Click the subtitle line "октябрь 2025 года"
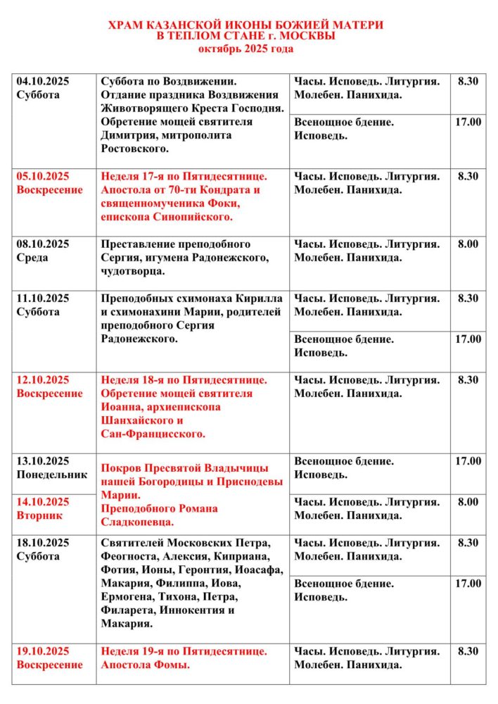245,49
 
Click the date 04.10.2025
43,81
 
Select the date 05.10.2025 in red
43,176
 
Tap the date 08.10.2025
43,244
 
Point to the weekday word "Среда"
32,258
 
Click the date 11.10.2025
43,298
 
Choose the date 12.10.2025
43,380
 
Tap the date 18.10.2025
43,543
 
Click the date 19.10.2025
43,651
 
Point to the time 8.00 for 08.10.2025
468,244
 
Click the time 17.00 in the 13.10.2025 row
468,461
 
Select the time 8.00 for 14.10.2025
468,502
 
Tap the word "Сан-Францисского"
153,434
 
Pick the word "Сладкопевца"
138,522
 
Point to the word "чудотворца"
134,271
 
